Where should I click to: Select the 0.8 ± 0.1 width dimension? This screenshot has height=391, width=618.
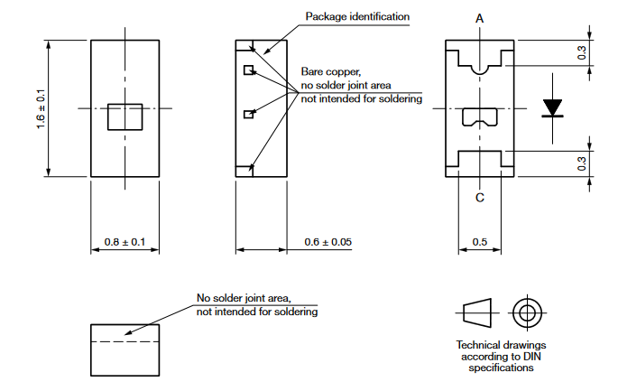[x=125, y=242]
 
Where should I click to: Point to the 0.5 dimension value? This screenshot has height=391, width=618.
[x=480, y=242]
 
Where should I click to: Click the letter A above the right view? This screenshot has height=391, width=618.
[x=479, y=18]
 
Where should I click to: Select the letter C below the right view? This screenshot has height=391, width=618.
[x=479, y=198]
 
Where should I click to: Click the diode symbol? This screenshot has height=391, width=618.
[x=553, y=108]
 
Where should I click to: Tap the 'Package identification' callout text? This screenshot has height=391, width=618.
[x=357, y=16]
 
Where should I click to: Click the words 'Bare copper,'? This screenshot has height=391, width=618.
[x=332, y=71]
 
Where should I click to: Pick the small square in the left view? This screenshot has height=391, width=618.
[x=125, y=116]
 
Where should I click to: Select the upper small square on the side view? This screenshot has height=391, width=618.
[x=247, y=69]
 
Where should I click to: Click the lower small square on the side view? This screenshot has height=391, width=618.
[x=247, y=115]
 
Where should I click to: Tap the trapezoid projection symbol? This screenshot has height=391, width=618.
[x=478, y=313]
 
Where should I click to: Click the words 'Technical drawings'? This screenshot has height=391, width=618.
[x=501, y=345]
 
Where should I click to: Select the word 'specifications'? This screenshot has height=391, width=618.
[x=501, y=368]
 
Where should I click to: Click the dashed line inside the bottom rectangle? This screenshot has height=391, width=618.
[x=125, y=343]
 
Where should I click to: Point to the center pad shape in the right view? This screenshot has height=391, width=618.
[x=479, y=116]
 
